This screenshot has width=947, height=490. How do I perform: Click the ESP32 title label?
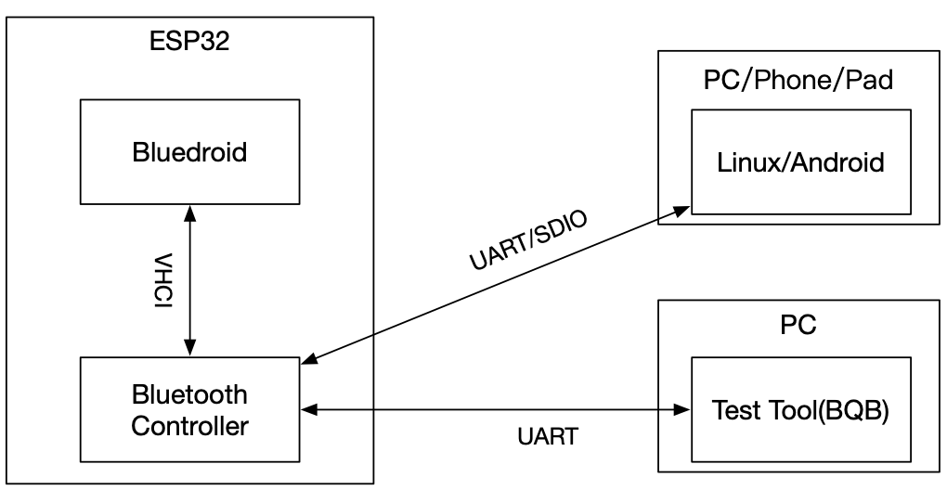(x=190, y=43)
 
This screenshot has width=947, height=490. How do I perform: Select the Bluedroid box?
(x=189, y=152)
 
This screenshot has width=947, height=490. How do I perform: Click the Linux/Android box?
(x=800, y=163)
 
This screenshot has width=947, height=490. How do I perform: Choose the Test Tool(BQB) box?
(x=800, y=409)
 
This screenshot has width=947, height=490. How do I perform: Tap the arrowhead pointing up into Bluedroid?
(x=189, y=213)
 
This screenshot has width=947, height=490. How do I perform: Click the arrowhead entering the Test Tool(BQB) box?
(x=682, y=408)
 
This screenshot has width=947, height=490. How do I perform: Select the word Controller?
(x=189, y=426)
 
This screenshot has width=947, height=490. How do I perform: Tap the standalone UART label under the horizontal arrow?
(x=547, y=436)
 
